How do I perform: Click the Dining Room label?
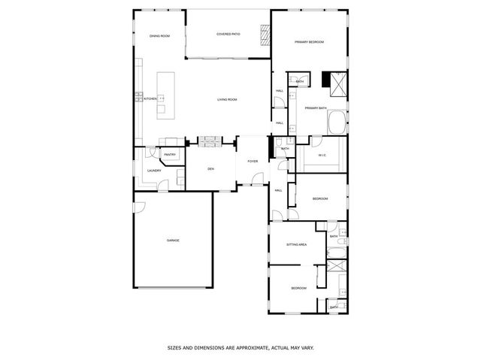pos(159,36)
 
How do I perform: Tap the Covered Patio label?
pos(228,34)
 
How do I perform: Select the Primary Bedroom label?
pos(309,42)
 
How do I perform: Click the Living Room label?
pos(227,99)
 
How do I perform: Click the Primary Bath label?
pos(316,108)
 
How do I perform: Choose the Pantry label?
pos(170,155)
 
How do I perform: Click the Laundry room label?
pos(154,171)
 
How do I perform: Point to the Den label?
pos(211,168)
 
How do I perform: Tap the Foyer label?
pos(253,161)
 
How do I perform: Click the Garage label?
pos(173,241)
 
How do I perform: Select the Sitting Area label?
pos(297,245)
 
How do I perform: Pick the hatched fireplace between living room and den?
pos(208,140)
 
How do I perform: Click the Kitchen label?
pos(150,99)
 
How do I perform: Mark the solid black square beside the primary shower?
pos(326,78)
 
